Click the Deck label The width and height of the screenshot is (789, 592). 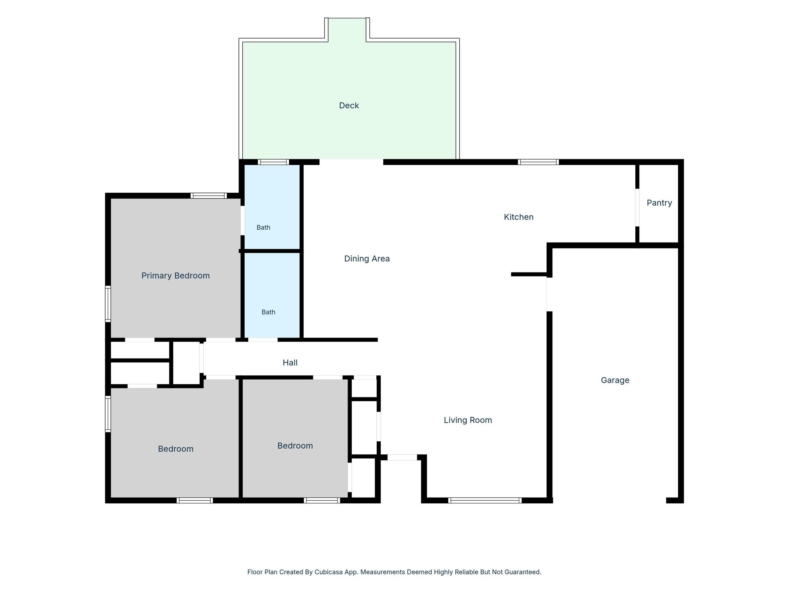pyautogui.click(x=349, y=106)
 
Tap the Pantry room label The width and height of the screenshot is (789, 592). pyautogui.click(x=659, y=203)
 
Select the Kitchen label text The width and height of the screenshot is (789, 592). pyautogui.click(x=519, y=217)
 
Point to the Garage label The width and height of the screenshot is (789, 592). pyautogui.click(x=615, y=380)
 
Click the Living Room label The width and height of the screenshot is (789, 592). pyautogui.click(x=468, y=420)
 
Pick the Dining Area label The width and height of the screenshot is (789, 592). pyautogui.click(x=367, y=259)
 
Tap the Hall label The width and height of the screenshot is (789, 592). pyautogui.click(x=290, y=363)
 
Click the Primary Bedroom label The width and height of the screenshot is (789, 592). pyautogui.click(x=175, y=276)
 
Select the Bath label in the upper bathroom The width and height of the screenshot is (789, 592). pyautogui.click(x=264, y=227)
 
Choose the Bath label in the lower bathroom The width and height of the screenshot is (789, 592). pyautogui.click(x=269, y=312)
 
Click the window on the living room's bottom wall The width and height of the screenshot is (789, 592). pyautogui.click(x=485, y=500)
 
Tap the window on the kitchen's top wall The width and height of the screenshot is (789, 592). pyautogui.click(x=538, y=162)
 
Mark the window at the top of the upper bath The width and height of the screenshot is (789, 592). pyautogui.click(x=273, y=162)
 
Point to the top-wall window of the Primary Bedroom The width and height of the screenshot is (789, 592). pyautogui.click(x=208, y=195)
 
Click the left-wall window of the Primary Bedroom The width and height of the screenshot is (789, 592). pyautogui.click(x=108, y=304)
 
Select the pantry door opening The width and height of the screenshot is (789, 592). pyautogui.click(x=637, y=207)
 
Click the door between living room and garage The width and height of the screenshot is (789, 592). pyautogui.click(x=549, y=294)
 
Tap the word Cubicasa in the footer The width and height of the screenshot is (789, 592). pyautogui.click(x=329, y=572)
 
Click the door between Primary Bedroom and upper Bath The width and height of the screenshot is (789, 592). pyautogui.click(x=243, y=220)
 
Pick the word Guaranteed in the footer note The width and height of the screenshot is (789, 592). pyautogui.click(x=522, y=572)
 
